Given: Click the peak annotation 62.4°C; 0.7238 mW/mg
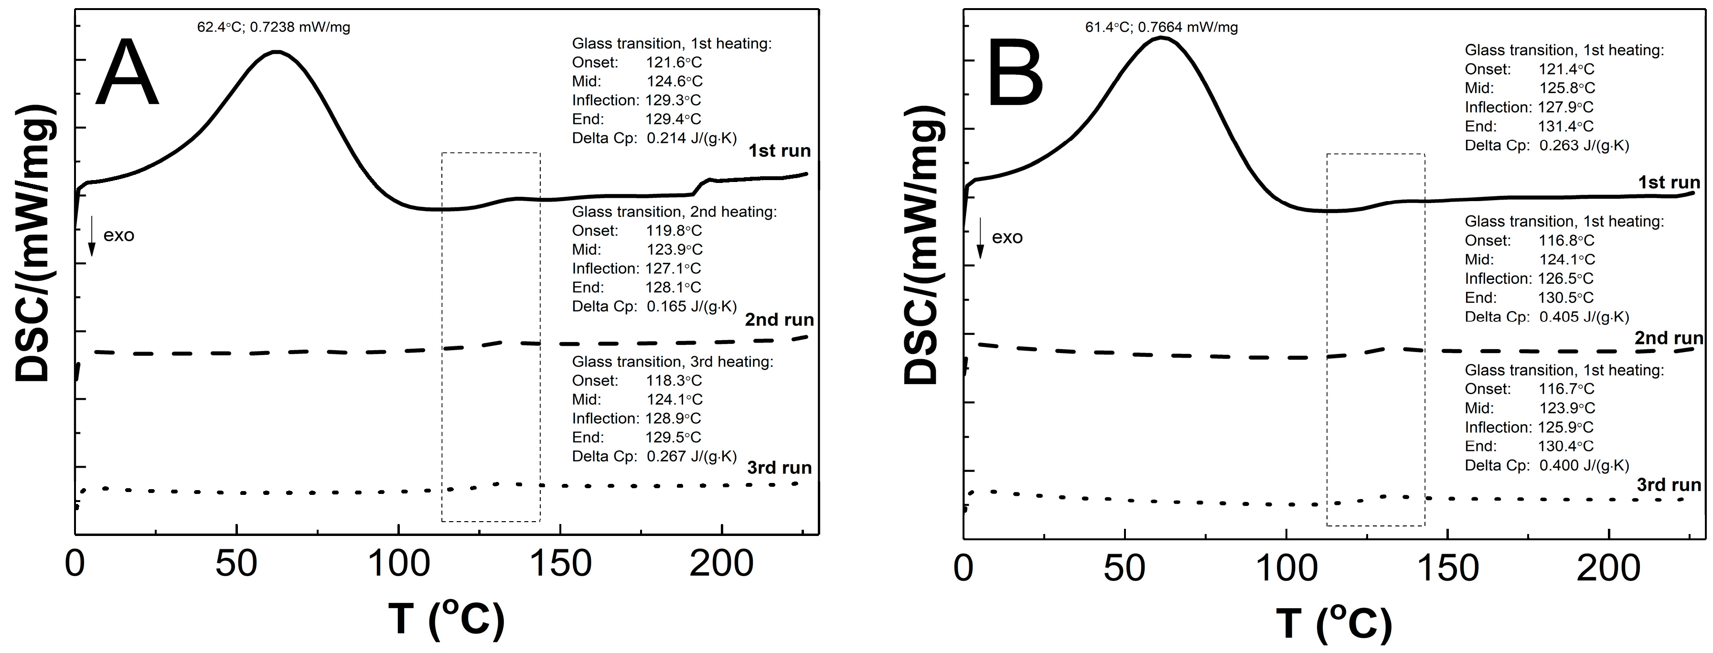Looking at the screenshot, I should point(273,27).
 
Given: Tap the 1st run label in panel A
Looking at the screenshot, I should point(780,151).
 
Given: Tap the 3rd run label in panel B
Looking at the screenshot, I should point(1669,485).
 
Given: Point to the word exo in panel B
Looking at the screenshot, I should point(1007,237).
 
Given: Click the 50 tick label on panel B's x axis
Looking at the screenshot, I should point(1124,568).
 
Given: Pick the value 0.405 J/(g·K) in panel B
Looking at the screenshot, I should point(1584,317).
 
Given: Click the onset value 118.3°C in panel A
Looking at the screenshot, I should point(674,380).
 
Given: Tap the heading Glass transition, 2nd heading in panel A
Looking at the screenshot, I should point(674,212).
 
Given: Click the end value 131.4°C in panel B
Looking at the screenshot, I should point(1566,126).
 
